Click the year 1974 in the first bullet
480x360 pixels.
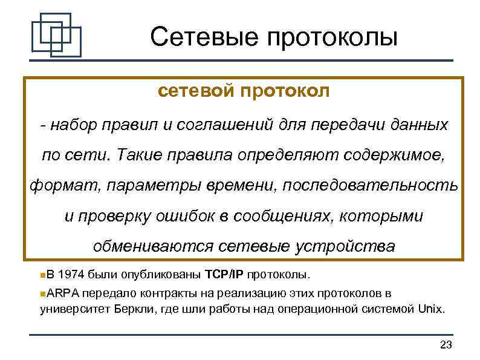(x=73, y=275)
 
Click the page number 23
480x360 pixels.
(x=446, y=345)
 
